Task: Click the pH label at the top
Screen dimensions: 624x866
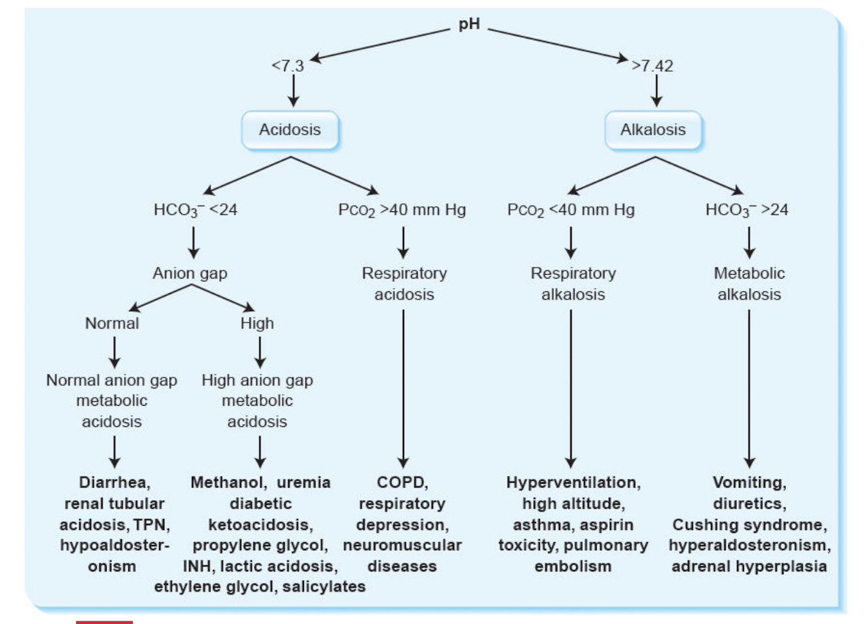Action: click(469, 24)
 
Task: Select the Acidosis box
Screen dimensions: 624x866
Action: click(290, 130)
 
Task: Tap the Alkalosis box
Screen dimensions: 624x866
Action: click(653, 130)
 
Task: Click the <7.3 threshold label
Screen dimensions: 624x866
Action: click(287, 65)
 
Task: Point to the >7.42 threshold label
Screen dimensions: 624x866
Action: click(652, 65)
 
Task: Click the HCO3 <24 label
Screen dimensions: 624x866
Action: click(195, 210)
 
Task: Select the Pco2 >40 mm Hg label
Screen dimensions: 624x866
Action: click(402, 210)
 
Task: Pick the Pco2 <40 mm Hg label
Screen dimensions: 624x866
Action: click(571, 210)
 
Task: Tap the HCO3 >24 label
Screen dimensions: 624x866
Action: click(747, 210)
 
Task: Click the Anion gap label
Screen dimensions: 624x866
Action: click(190, 273)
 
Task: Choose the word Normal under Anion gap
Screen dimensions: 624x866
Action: click(112, 323)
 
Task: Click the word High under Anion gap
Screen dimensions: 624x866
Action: click(257, 323)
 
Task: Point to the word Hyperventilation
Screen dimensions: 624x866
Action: click(573, 482)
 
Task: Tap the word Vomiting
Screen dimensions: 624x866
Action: click(749, 482)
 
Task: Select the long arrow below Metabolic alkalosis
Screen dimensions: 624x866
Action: click(749, 385)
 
